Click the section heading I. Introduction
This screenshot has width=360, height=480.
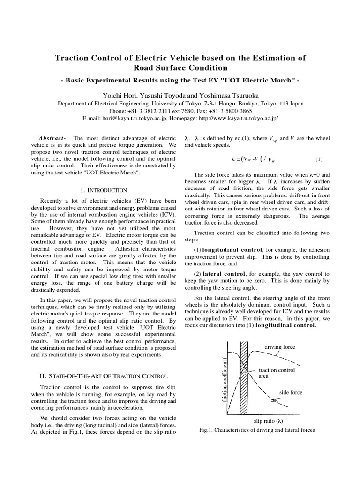click(104, 190)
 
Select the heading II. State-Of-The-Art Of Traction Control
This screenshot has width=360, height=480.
click(102, 375)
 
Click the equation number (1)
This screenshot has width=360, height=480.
click(319, 159)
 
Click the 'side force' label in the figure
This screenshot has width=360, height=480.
click(291, 392)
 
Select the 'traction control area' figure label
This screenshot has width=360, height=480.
click(277, 373)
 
